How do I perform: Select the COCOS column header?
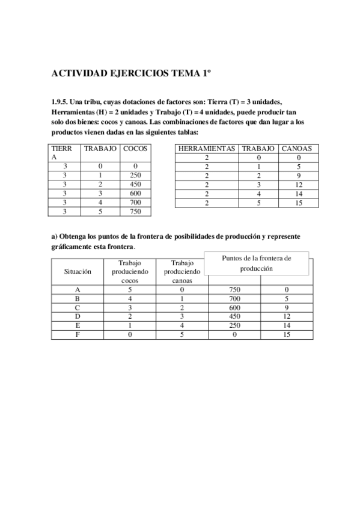(x=135, y=148)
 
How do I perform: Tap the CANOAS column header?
(x=296, y=148)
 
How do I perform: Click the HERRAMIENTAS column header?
(x=207, y=148)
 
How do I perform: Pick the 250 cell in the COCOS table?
(x=135, y=175)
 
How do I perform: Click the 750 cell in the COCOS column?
(x=135, y=211)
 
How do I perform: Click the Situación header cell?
(x=78, y=271)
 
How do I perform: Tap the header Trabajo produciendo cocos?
(x=129, y=271)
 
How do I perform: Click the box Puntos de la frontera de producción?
(x=257, y=263)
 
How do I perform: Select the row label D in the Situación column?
(x=78, y=316)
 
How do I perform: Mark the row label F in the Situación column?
(x=78, y=334)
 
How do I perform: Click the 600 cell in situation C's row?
(x=234, y=307)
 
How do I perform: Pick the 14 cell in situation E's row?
(x=285, y=325)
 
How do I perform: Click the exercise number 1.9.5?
(x=61, y=102)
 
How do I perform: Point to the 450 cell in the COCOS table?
(x=135, y=184)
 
